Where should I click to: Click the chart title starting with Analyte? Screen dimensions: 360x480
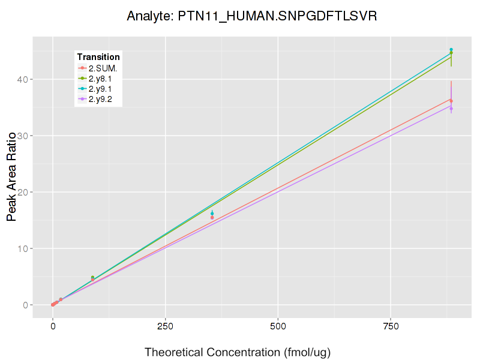coord(252,16)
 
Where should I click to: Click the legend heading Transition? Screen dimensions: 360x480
coord(98,57)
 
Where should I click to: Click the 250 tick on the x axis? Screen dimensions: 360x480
coord(165,326)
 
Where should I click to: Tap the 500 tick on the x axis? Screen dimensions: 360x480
coord(278,326)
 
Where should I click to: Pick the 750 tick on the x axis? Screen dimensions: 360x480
coord(391,326)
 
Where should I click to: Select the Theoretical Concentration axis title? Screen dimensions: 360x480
coord(238,352)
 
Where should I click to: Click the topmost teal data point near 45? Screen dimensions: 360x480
coord(451,50)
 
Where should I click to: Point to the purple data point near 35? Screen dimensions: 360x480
coord(451,107)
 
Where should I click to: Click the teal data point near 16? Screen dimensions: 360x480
coord(212,214)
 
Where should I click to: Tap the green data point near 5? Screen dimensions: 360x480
coord(92,277)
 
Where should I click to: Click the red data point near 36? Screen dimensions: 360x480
coord(451,100)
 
